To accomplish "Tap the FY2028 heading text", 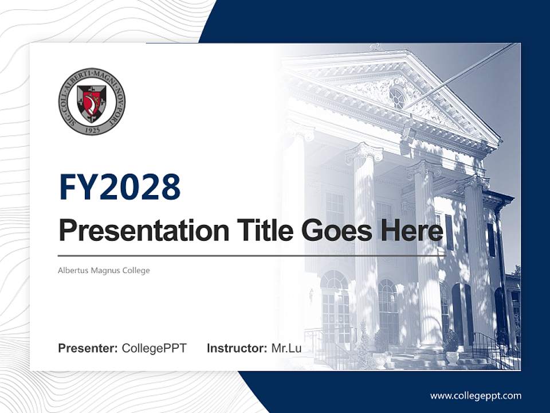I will (x=120, y=187).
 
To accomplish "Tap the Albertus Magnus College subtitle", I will (x=104, y=270).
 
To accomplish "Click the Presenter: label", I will (x=88, y=348).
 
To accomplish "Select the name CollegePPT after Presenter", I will (x=154, y=348).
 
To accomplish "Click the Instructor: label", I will (x=237, y=348).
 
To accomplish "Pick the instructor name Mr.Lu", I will (x=286, y=348).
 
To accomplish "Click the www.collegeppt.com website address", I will (x=476, y=395).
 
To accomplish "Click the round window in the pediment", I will (x=396, y=98).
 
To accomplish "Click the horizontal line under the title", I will (x=252, y=255).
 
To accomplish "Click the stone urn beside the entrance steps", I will (x=452, y=358).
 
